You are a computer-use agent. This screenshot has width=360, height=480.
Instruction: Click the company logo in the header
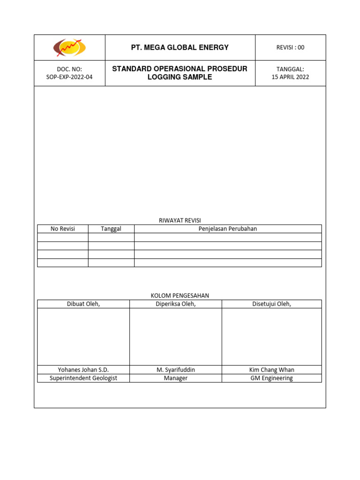click(x=69, y=47)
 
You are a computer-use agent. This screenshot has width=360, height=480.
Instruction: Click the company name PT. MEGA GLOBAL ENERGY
click(x=180, y=47)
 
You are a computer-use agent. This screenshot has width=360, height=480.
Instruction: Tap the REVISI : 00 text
click(x=291, y=47)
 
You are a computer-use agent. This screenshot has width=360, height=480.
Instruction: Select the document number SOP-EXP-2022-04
click(x=70, y=77)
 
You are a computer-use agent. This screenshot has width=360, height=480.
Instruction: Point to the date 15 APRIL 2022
click(x=291, y=77)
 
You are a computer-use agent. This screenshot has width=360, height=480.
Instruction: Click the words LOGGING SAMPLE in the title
click(x=180, y=77)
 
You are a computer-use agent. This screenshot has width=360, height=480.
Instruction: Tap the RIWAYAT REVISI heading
click(x=180, y=220)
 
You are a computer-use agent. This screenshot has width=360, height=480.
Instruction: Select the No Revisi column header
click(x=63, y=229)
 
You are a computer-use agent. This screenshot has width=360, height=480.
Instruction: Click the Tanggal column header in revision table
click(x=111, y=229)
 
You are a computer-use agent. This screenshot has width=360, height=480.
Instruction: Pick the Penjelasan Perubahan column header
click(x=228, y=229)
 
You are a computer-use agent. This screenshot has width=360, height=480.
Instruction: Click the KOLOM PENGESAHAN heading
click(x=180, y=295)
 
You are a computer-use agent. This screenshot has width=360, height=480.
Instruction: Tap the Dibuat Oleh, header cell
click(x=83, y=304)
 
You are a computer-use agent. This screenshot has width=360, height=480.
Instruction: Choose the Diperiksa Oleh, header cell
click(x=176, y=304)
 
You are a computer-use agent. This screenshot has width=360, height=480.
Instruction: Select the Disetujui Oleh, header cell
click(x=272, y=304)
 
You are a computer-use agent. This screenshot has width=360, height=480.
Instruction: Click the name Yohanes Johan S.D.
click(x=83, y=370)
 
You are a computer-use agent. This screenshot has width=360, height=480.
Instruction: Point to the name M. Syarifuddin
click(x=176, y=370)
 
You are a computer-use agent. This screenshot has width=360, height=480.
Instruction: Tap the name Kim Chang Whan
click(x=272, y=370)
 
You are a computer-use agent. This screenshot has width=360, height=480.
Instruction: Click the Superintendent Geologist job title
click(x=83, y=378)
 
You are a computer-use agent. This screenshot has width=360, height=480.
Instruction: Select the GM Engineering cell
click(x=272, y=378)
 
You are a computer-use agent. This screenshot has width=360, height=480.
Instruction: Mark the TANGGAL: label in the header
click(x=291, y=69)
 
